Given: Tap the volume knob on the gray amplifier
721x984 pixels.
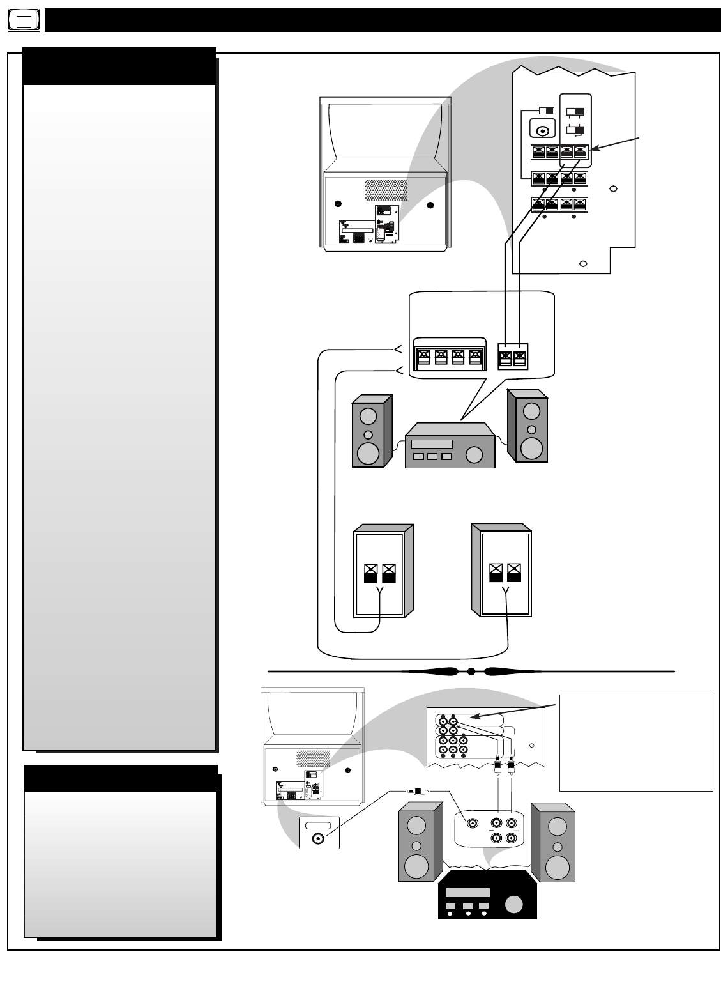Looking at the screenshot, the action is click(x=474, y=454).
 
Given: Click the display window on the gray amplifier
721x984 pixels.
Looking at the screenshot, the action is click(x=432, y=444).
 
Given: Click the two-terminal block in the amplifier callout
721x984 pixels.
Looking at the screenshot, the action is click(x=512, y=356).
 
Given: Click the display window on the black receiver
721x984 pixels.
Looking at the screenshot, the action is click(x=467, y=893).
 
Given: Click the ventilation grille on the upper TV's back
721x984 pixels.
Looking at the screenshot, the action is click(x=386, y=188).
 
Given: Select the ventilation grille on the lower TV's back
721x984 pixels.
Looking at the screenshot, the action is click(x=312, y=759).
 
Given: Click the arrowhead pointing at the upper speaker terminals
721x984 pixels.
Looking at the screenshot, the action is click(x=592, y=149).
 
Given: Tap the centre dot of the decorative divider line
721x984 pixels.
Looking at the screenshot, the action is click(x=471, y=672).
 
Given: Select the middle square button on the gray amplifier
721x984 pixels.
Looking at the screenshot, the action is click(x=432, y=457).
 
